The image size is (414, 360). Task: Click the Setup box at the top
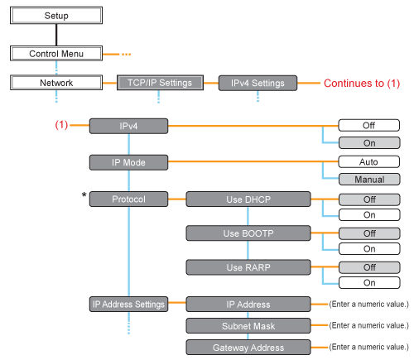[x=55, y=16]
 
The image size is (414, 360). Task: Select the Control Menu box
[x=55, y=54]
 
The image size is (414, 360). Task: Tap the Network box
[x=55, y=83]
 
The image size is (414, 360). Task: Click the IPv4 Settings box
[x=258, y=83]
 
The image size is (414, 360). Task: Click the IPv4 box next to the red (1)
[x=128, y=126]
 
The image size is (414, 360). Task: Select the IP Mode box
[x=128, y=161]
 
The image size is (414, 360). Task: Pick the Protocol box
[x=128, y=199]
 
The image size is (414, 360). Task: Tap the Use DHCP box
[x=239, y=199]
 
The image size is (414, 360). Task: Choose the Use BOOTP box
[x=239, y=233]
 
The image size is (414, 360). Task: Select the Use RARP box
[x=239, y=267]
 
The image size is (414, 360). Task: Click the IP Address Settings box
[x=128, y=304]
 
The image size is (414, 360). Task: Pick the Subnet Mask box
[x=239, y=325]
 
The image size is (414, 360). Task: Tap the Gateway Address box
[x=239, y=346]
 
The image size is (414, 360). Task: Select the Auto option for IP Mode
[x=369, y=162]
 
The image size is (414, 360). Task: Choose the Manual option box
[x=369, y=179]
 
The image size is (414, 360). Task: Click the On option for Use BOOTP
[x=369, y=248]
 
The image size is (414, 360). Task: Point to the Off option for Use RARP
[x=369, y=267]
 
